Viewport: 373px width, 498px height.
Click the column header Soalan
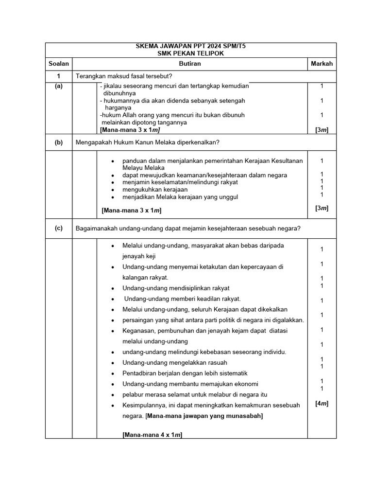[x=59, y=64]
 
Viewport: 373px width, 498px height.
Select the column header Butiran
[x=190, y=64]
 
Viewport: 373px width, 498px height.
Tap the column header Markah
[x=322, y=64]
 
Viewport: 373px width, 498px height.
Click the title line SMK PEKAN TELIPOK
[x=191, y=53]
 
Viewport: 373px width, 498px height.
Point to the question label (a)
[x=59, y=86]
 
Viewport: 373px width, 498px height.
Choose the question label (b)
[x=59, y=142]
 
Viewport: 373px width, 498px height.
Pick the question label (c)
[x=59, y=229]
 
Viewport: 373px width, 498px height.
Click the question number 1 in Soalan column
[x=59, y=76]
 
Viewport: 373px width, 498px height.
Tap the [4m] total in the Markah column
[x=322, y=403]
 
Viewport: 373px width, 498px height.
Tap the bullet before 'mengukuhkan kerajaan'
[x=113, y=190]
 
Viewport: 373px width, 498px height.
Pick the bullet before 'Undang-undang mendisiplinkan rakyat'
[x=113, y=288]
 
